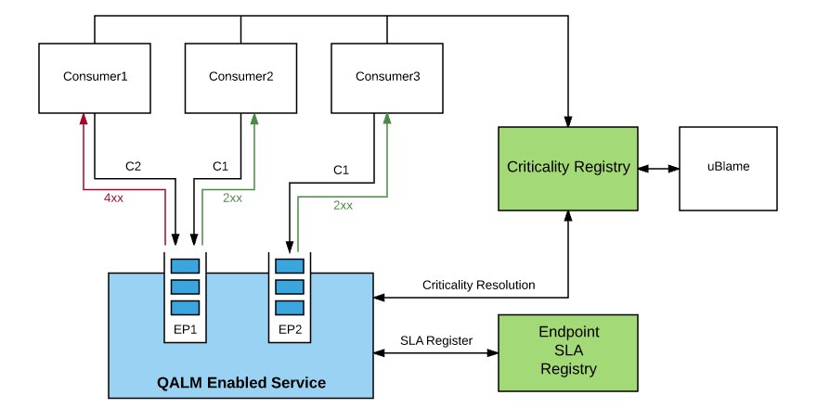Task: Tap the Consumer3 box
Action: (388, 77)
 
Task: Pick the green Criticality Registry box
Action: (569, 168)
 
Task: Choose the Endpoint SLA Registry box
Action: (569, 351)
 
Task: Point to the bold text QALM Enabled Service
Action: (240, 382)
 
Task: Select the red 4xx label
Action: (114, 198)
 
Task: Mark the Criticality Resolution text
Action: (478, 285)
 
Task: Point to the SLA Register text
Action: (436, 340)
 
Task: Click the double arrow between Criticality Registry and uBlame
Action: (659, 168)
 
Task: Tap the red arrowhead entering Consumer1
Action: (84, 120)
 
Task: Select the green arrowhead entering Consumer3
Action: (387, 120)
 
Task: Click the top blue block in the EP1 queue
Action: (186, 264)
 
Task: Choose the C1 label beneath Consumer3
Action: (342, 171)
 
